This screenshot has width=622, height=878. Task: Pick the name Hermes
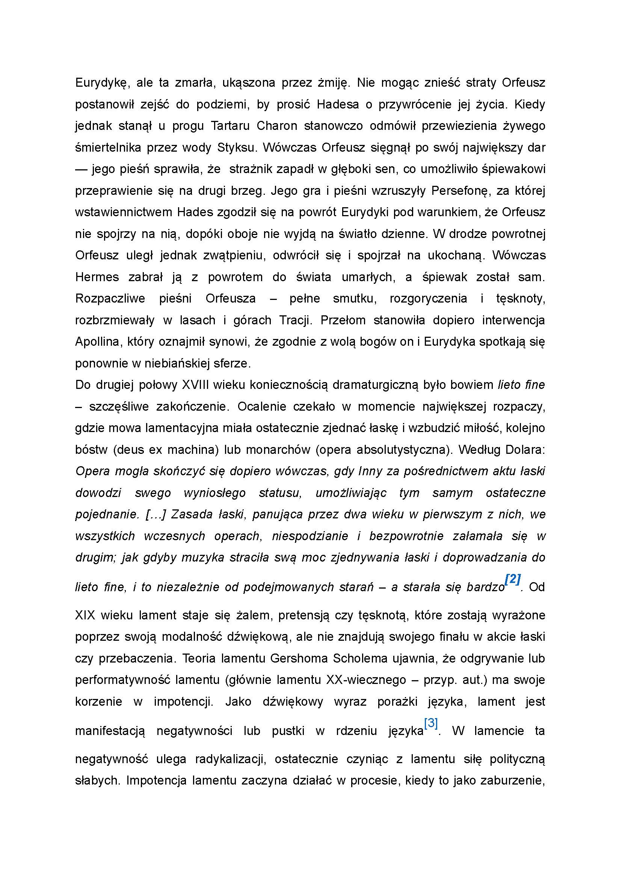[97, 277]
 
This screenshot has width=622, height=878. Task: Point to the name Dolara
[525, 449]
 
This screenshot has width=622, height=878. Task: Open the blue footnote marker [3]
[431, 723]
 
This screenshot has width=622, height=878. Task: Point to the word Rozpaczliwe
[110, 298]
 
